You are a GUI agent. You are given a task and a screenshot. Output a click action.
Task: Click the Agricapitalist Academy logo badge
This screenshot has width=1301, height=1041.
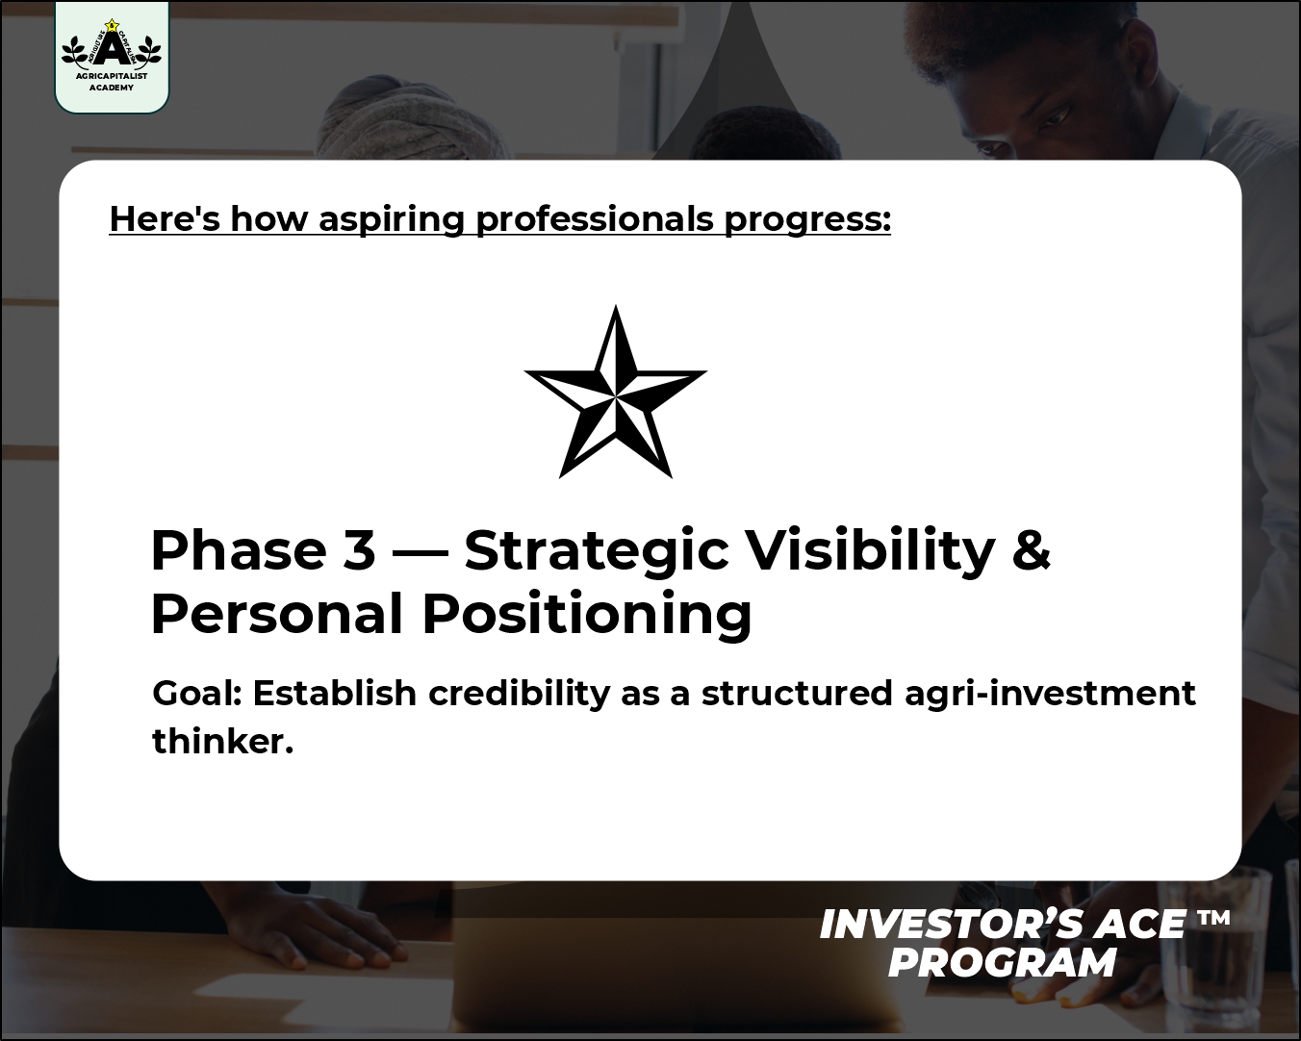click(112, 56)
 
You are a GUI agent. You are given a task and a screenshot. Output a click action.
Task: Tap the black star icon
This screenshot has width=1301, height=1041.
click(616, 392)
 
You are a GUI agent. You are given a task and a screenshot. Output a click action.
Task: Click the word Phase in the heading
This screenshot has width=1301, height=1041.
click(239, 550)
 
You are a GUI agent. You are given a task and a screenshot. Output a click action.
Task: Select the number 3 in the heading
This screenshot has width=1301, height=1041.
click(360, 550)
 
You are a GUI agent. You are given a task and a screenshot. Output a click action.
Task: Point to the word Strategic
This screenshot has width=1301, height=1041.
click(597, 551)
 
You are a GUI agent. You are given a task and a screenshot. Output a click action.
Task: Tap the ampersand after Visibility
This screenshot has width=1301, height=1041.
click(1031, 549)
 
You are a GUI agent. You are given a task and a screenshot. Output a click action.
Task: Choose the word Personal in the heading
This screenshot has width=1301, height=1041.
click(277, 614)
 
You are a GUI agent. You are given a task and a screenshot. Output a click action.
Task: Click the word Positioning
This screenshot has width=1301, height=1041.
click(587, 615)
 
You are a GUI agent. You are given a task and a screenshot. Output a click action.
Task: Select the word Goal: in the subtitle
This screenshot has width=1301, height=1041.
click(197, 693)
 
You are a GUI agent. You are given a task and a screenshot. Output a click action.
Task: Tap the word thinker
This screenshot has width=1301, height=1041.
click(222, 741)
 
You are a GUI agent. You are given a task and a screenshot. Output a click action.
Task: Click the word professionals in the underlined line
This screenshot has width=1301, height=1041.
click(595, 218)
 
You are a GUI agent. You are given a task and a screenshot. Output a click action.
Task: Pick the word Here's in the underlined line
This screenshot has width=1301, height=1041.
click(165, 218)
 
